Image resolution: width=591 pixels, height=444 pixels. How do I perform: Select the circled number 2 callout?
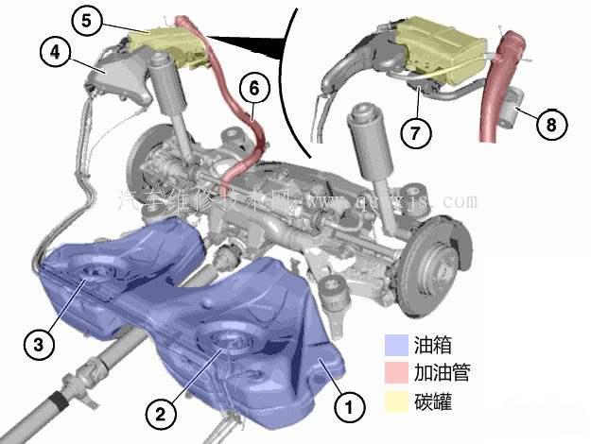coord(160,411)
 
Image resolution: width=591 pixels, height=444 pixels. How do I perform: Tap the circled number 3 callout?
coord(37,344)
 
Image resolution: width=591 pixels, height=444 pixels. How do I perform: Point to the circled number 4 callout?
coord(54,52)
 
